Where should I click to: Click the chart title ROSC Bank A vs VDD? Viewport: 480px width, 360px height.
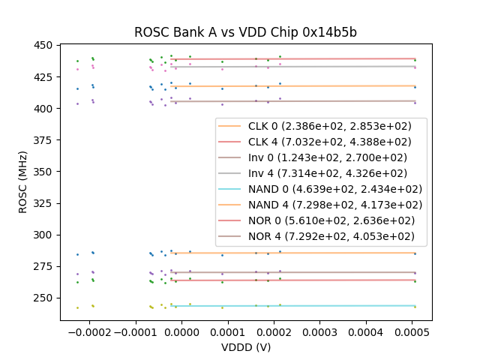click(x=245, y=32)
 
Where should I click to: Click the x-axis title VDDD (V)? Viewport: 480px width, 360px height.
click(x=245, y=347)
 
